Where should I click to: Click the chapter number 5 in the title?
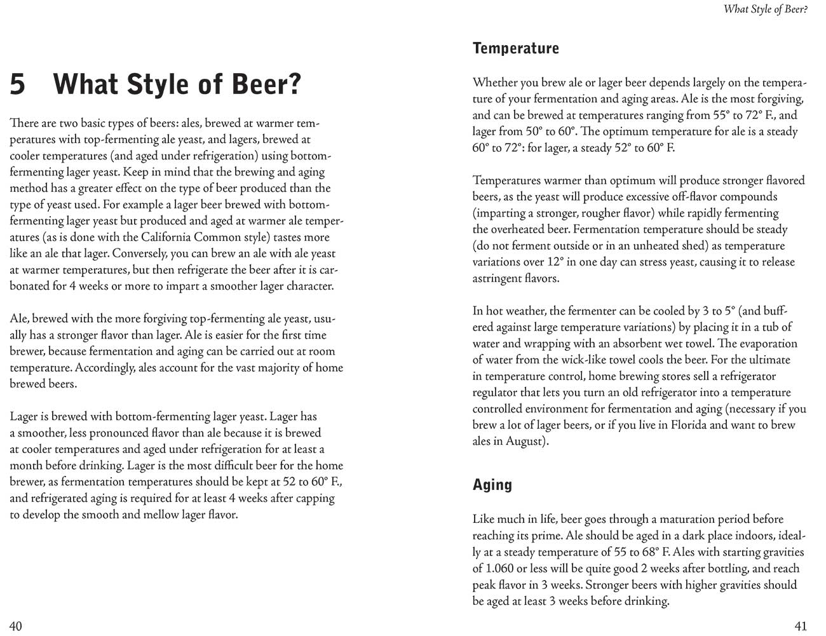click(x=18, y=84)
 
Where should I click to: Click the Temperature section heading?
click(x=515, y=48)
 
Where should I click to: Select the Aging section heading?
click(x=492, y=485)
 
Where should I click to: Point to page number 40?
click(x=16, y=626)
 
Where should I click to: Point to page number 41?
click(x=801, y=626)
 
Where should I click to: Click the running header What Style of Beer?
click(x=765, y=10)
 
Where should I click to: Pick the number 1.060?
click(x=492, y=568)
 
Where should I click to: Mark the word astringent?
click(x=498, y=278)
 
